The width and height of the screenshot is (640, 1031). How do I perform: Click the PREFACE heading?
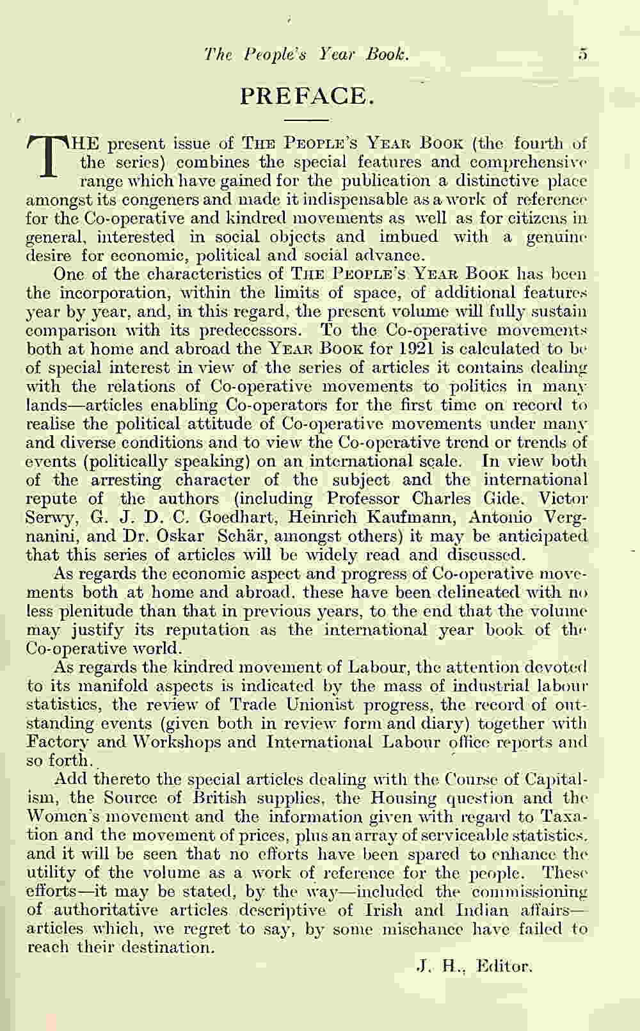(306, 96)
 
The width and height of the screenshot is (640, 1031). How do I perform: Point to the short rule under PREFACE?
(306, 120)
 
